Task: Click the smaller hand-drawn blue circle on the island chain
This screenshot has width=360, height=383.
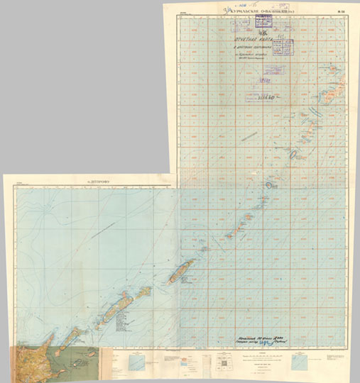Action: pyautogui.click(x=270, y=185)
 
